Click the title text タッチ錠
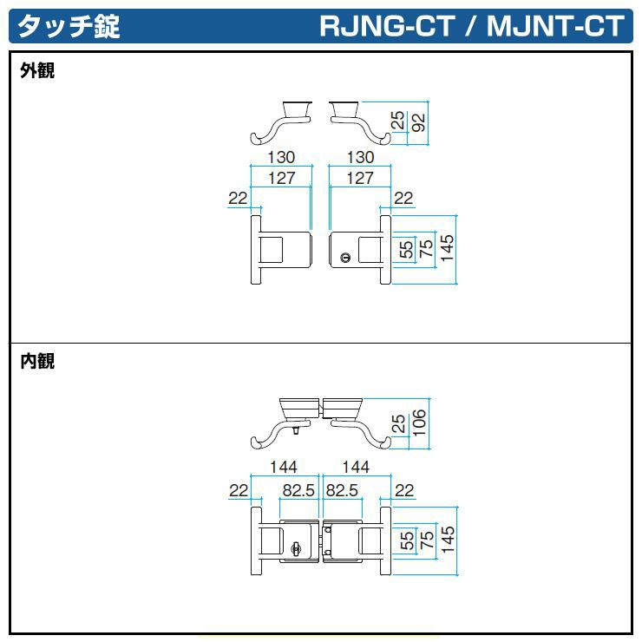point(69,26)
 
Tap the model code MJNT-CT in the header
point(555,26)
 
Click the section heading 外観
point(37,71)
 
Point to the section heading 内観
point(37,361)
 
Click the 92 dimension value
point(419,121)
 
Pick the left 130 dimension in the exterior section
point(280,158)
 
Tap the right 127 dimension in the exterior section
point(359,178)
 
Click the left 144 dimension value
point(283,468)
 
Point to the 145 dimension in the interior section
point(447,542)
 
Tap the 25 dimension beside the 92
point(398,121)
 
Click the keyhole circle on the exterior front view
point(346,258)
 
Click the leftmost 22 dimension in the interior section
point(239,491)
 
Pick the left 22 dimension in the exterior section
point(239,198)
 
